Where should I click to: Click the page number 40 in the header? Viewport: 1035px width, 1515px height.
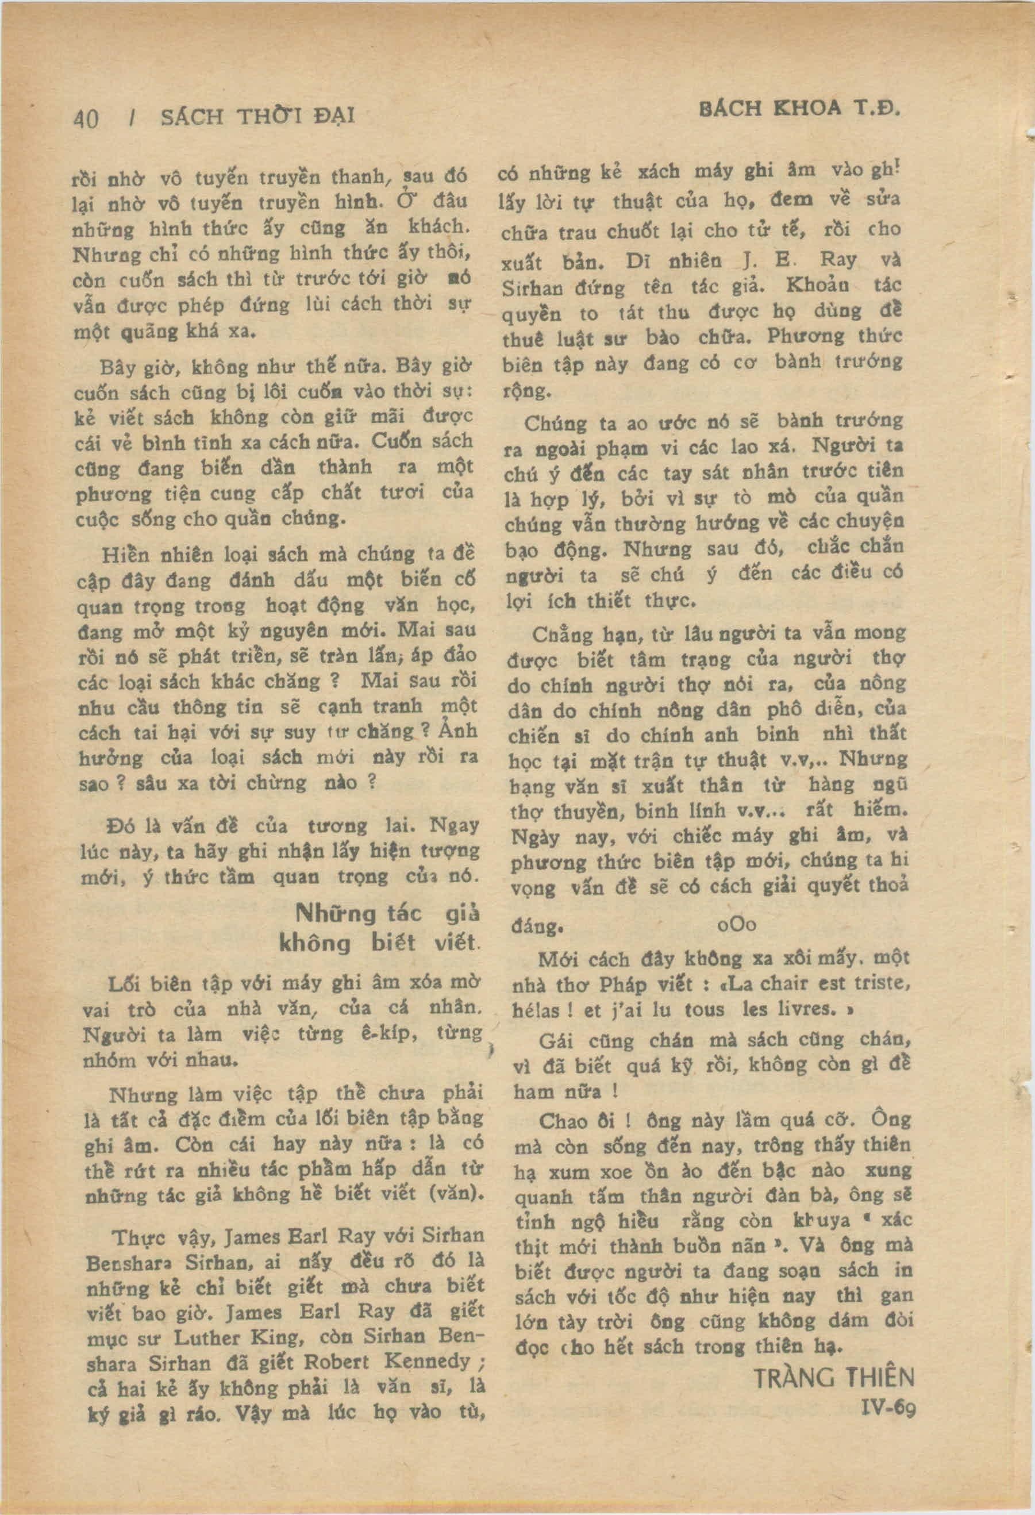[86, 120]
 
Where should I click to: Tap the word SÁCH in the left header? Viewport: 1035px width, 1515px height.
[191, 117]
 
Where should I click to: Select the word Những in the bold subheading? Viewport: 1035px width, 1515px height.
[336, 913]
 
